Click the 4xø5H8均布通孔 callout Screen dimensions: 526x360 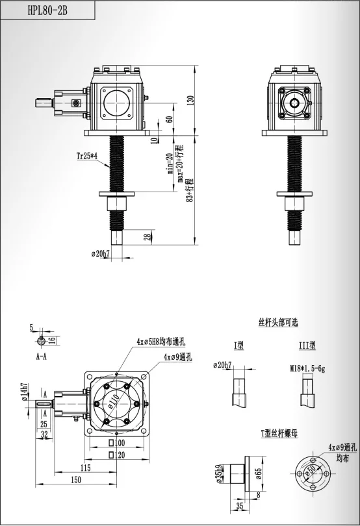[161, 341]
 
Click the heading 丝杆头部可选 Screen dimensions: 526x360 [277, 322]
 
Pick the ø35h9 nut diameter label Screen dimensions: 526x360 [219, 473]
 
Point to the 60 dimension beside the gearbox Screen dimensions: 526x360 [168, 119]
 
